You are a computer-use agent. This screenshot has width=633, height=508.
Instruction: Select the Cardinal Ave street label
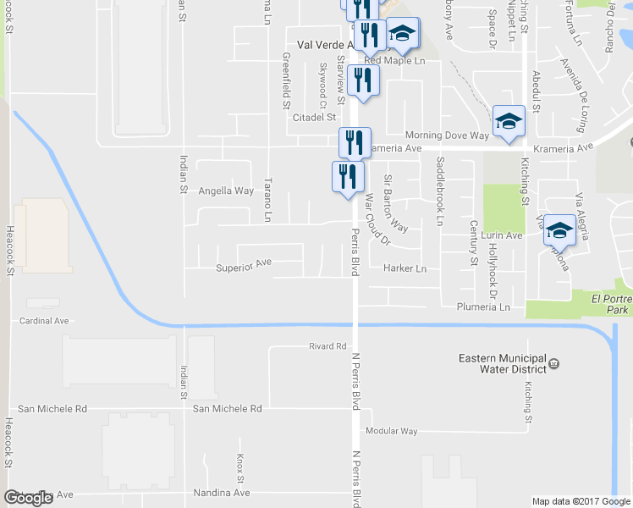point(44,322)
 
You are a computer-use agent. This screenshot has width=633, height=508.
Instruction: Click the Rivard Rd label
point(328,346)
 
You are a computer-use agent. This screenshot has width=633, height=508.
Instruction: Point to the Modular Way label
point(391,431)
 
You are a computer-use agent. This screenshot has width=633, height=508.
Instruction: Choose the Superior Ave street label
point(244,266)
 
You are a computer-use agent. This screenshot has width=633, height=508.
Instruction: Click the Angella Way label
point(226,191)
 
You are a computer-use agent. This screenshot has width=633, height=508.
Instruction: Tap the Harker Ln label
point(405,268)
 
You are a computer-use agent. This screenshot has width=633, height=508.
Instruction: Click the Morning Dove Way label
point(446,135)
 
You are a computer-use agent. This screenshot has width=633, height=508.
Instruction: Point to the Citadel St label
point(315,117)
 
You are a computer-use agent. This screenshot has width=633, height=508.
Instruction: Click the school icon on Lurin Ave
point(559,229)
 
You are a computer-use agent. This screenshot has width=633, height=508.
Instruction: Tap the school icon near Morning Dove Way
point(509,120)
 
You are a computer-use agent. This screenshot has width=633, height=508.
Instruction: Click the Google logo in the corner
point(28,497)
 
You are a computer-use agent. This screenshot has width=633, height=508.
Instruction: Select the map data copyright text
point(581,501)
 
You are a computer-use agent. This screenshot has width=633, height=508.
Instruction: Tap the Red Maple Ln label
point(394,61)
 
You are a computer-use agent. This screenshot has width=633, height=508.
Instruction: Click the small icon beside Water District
point(553,364)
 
